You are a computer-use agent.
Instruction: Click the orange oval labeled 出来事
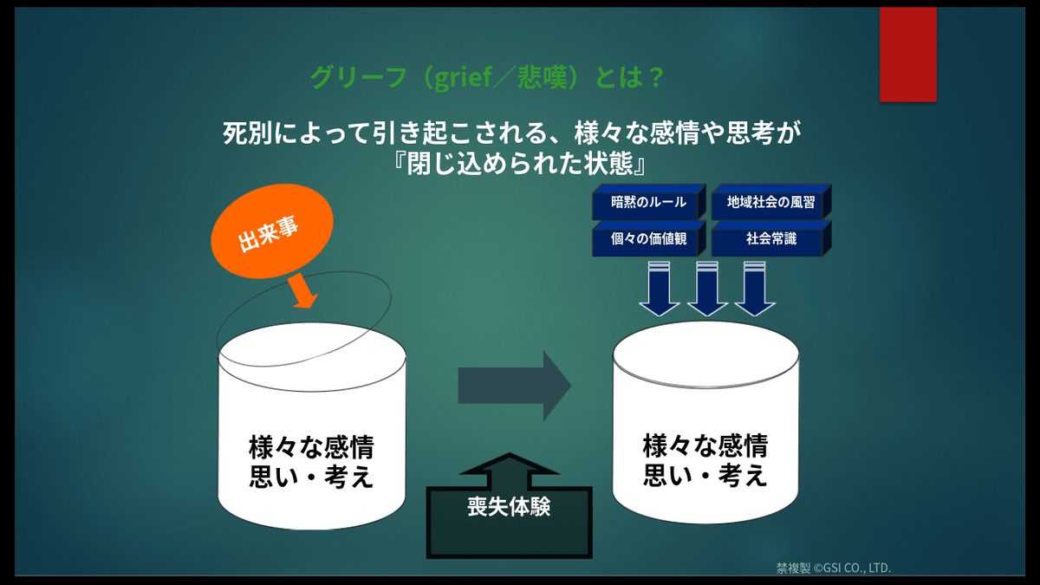[x=272, y=231]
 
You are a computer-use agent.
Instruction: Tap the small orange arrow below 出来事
[x=302, y=290]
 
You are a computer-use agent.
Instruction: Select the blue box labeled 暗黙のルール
[x=648, y=202]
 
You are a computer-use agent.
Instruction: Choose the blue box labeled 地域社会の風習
[x=771, y=202]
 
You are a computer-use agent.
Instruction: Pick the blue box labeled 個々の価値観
[x=648, y=238]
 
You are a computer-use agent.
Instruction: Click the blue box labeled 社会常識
[x=771, y=238]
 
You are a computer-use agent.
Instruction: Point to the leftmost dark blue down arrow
[x=660, y=289]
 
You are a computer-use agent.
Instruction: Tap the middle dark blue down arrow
[x=707, y=289]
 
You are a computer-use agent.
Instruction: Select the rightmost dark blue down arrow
[x=755, y=289]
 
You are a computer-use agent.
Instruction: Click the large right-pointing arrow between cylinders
[x=515, y=386]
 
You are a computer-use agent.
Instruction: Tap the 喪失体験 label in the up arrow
[x=509, y=506]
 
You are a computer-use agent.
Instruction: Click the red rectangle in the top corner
[x=908, y=55]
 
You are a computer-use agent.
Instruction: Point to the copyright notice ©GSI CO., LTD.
[x=852, y=568]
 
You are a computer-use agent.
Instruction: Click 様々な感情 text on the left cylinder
[x=311, y=446]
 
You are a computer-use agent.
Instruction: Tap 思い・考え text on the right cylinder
[x=705, y=475]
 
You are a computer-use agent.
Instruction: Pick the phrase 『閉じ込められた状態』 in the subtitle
[x=519, y=164]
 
